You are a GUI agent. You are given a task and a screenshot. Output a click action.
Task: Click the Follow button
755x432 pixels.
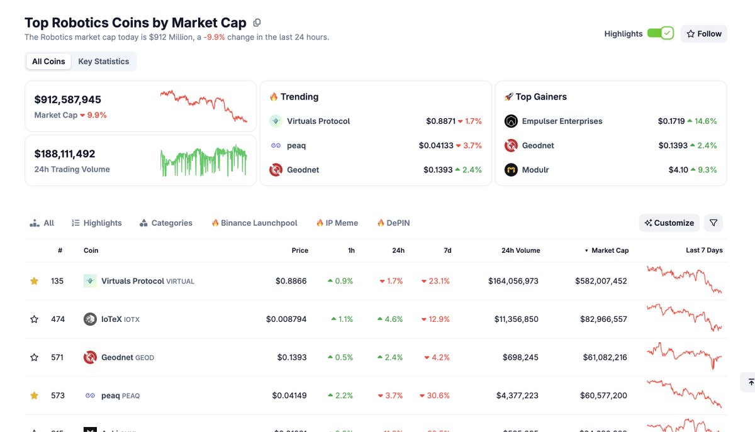[x=703, y=34]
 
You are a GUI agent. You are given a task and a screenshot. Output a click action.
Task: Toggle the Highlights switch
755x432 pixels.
[x=660, y=33]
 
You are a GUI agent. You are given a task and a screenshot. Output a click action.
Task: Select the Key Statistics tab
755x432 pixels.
[x=103, y=62]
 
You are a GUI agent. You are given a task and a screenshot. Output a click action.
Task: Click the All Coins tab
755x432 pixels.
[x=48, y=62]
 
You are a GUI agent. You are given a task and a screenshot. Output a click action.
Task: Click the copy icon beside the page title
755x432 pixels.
[x=257, y=23]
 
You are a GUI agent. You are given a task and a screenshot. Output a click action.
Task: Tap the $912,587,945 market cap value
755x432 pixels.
[x=67, y=99]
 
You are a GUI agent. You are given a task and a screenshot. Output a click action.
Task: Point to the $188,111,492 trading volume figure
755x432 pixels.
[x=65, y=153]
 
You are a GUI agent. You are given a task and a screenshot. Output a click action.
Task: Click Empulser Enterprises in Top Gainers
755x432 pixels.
[x=562, y=121]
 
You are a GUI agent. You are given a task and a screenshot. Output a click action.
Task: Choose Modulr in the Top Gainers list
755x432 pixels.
[x=535, y=170]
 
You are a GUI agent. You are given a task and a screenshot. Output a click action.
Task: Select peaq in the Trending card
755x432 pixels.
[x=296, y=145]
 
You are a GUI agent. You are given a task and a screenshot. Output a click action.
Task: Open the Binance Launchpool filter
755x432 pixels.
[x=259, y=223]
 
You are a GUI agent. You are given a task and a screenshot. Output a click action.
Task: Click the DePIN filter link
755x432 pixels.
[x=398, y=223]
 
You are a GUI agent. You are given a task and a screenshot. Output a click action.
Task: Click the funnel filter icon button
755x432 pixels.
[x=713, y=223]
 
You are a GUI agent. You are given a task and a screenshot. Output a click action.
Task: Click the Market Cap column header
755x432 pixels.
[x=609, y=250]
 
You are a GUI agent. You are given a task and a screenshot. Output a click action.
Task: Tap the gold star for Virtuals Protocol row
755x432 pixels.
[x=34, y=281]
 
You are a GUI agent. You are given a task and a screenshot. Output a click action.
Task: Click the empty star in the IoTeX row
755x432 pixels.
[x=34, y=319]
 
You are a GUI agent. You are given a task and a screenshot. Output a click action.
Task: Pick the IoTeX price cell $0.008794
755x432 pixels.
[x=286, y=319]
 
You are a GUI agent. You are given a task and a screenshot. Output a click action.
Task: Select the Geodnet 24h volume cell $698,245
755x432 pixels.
[x=520, y=357]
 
